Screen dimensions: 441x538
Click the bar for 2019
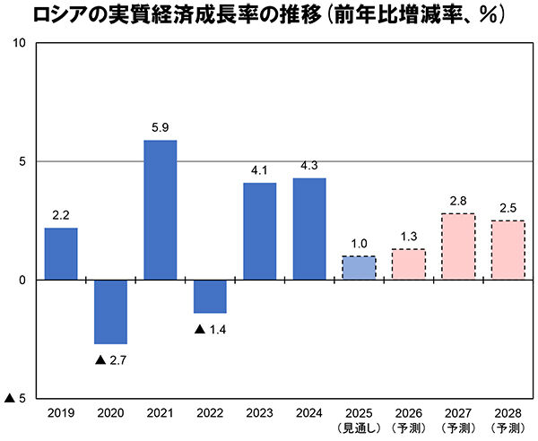[x=61, y=254]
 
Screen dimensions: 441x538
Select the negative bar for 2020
[x=111, y=311]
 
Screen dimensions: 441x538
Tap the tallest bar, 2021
[x=161, y=210]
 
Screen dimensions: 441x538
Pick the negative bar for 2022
[x=210, y=296]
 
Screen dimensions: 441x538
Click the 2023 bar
[x=260, y=231]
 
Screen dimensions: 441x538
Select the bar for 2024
[x=309, y=229]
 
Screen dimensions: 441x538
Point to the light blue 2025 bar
[x=359, y=268]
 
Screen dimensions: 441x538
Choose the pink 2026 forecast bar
[x=408, y=264]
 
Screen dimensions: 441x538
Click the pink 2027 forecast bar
[x=458, y=246]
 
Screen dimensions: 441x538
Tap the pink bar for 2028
[x=508, y=250]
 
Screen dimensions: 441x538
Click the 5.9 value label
[x=161, y=127]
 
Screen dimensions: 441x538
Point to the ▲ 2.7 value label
[x=111, y=360]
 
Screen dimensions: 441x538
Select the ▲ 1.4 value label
[x=210, y=329]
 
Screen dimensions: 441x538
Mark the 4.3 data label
[x=309, y=166]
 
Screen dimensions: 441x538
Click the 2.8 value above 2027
[x=458, y=201]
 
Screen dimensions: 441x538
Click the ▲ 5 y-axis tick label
[x=16, y=397]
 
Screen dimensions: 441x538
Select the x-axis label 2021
[x=161, y=414]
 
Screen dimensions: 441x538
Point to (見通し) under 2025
[x=359, y=428]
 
